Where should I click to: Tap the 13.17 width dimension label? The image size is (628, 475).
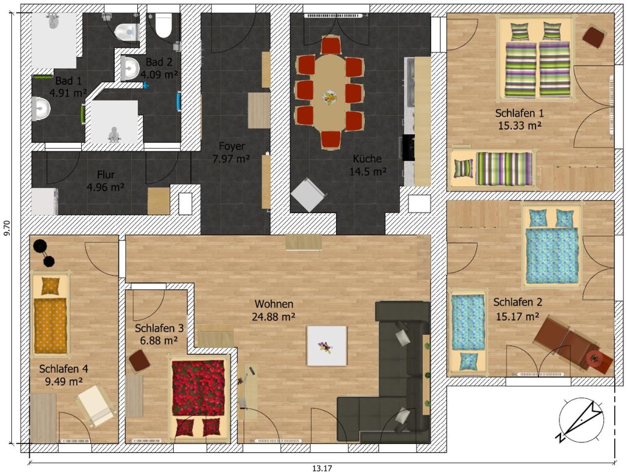click(x=322, y=469)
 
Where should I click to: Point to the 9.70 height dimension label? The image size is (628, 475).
click(x=7, y=228)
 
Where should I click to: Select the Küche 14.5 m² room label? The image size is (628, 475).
click(x=368, y=165)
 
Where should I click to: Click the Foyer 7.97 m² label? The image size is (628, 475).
click(x=231, y=152)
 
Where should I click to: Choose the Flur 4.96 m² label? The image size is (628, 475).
click(x=106, y=181)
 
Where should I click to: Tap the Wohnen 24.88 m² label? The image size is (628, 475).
click(x=274, y=311)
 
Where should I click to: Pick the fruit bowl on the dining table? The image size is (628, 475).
click(x=330, y=97)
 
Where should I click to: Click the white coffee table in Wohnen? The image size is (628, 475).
click(x=326, y=346)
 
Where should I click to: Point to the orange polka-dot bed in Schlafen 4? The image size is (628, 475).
click(x=50, y=314)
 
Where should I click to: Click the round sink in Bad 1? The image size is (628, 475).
click(x=41, y=109)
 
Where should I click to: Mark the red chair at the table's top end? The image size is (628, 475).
click(x=331, y=45)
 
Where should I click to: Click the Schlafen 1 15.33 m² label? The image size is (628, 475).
click(x=519, y=119)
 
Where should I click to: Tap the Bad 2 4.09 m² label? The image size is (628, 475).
click(x=159, y=68)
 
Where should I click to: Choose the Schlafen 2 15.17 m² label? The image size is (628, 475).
click(x=518, y=309)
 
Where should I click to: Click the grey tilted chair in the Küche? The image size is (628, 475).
click(x=309, y=194)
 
